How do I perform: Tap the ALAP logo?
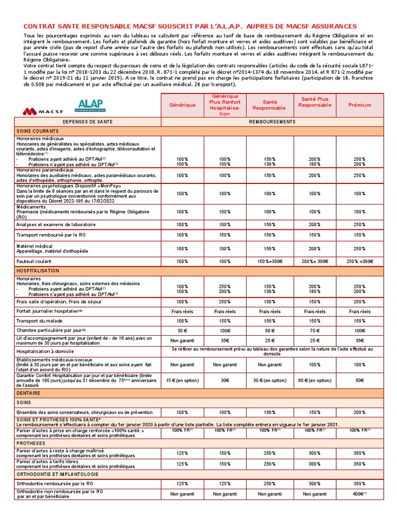(91, 105)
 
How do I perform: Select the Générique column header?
(182, 105)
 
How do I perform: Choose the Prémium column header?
(359, 105)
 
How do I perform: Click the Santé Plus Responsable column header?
(314, 102)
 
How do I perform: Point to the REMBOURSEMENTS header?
(272, 121)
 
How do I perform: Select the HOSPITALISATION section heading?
(38, 271)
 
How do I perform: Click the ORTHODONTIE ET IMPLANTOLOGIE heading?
(57, 474)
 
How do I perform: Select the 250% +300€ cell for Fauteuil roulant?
(359, 261)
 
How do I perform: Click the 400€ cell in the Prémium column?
(358, 494)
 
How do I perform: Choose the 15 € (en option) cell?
(182, 380)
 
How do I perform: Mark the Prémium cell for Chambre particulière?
(359, 330)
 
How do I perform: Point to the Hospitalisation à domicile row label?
(46, 351)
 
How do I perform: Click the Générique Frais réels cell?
(182, 312)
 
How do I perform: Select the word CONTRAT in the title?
(40, 26)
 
